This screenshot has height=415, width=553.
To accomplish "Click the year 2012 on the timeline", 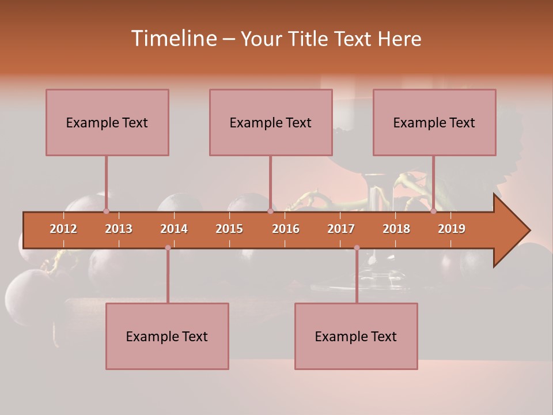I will tap(63, 229).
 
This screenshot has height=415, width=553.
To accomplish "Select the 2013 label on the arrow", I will tap(119, 229).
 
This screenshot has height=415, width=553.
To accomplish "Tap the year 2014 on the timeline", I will tap(174, 229).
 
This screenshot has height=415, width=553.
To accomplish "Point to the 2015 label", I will tap(229, 229).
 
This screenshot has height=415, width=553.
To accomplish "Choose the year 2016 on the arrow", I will tap(286, 229).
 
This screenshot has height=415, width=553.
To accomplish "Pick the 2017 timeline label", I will tap(341, 229).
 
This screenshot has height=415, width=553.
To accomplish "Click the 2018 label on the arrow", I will tap(396, 229).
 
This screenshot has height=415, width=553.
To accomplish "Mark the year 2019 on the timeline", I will tap(452, 229).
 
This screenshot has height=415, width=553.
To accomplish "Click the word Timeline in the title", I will tap(173, 39).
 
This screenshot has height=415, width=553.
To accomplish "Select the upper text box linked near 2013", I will tap(107, 122).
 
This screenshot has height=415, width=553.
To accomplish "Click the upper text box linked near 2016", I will tap(271, 122).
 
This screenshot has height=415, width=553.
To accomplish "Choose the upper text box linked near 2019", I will tap(434, 122).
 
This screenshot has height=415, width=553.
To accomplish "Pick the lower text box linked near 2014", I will tap(167, 336).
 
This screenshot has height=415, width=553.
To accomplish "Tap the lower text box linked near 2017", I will tap(356, 336).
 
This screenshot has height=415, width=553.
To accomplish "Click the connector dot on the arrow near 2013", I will tap(106, 211).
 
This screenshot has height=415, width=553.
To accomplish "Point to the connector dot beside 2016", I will tap(270, 211).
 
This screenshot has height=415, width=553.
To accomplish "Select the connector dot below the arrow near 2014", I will tap(168, 248).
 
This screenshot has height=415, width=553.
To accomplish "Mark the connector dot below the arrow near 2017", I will tap(357, 248).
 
